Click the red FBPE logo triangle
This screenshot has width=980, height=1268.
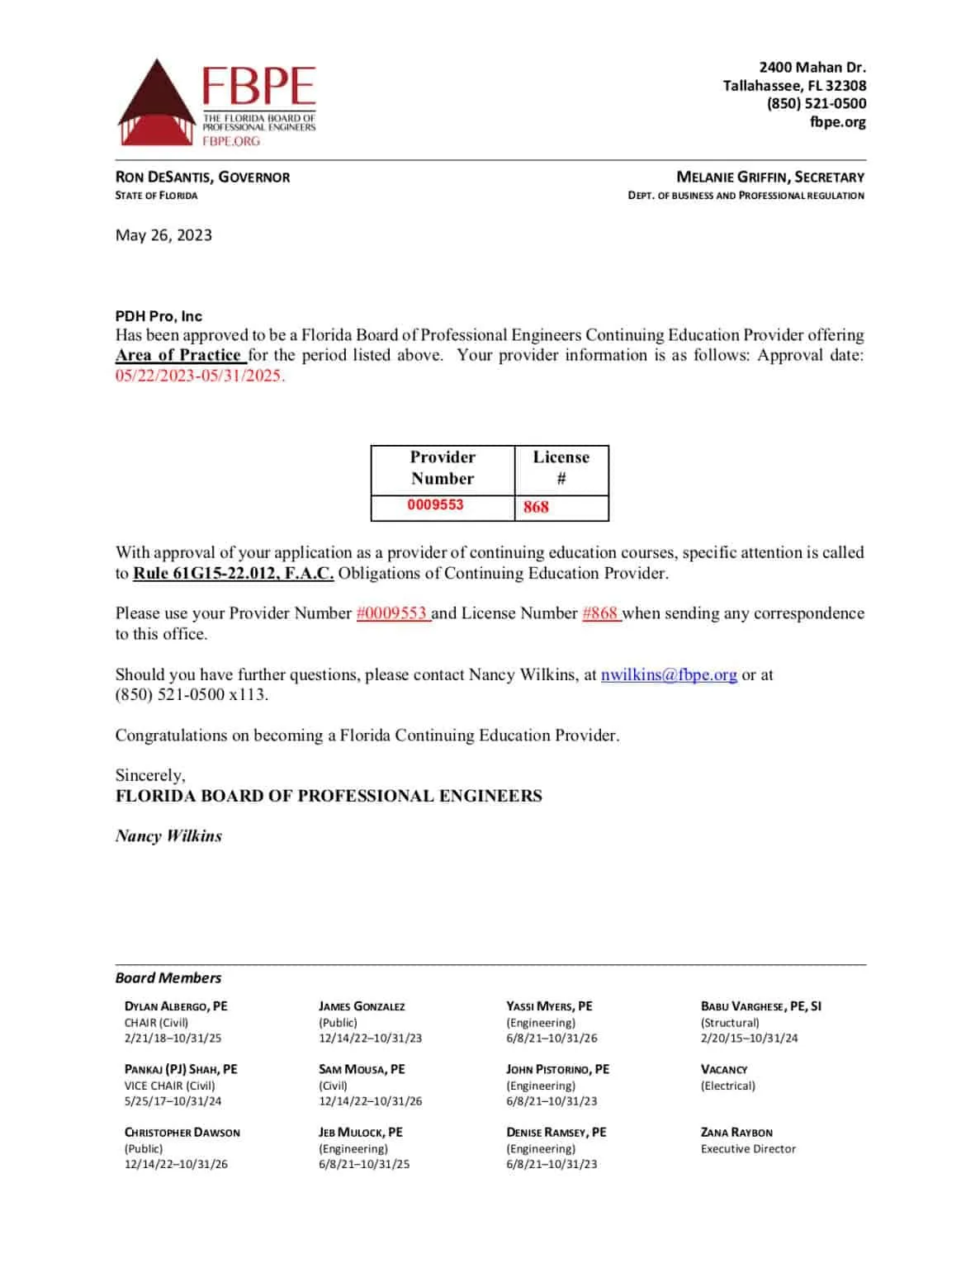click(x=154, y=103)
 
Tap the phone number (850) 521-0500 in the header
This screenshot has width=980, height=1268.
click(x=816, y=103)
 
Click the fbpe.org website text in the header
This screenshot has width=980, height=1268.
click(x=837, y=122)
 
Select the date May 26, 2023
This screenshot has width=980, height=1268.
click(x=163, y=235)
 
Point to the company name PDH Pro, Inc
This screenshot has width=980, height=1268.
click(x=159, y=316)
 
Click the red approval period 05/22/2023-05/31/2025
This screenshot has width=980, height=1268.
click(x=200, y=376)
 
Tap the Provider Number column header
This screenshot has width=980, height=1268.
click(x=443, y=468)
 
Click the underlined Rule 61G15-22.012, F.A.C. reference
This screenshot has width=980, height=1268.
click(x=234, y=573)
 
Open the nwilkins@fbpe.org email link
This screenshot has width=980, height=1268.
click(x=669, y=674)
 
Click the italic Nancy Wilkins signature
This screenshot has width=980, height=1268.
click(x=168, y=836)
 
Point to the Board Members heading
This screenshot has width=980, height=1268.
click(x=168, y=978)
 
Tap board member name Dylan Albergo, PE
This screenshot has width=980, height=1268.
click(x=176, y=1006)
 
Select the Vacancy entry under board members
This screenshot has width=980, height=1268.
click(x=724, y=1069)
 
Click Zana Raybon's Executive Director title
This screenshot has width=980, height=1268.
click(x=748, y=1148)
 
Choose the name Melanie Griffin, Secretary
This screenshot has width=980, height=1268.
click(x=770, y=177)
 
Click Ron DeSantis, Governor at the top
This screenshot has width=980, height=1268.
click(x=202, y=177)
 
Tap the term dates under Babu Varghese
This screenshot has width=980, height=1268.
click(x=749, y=1038)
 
